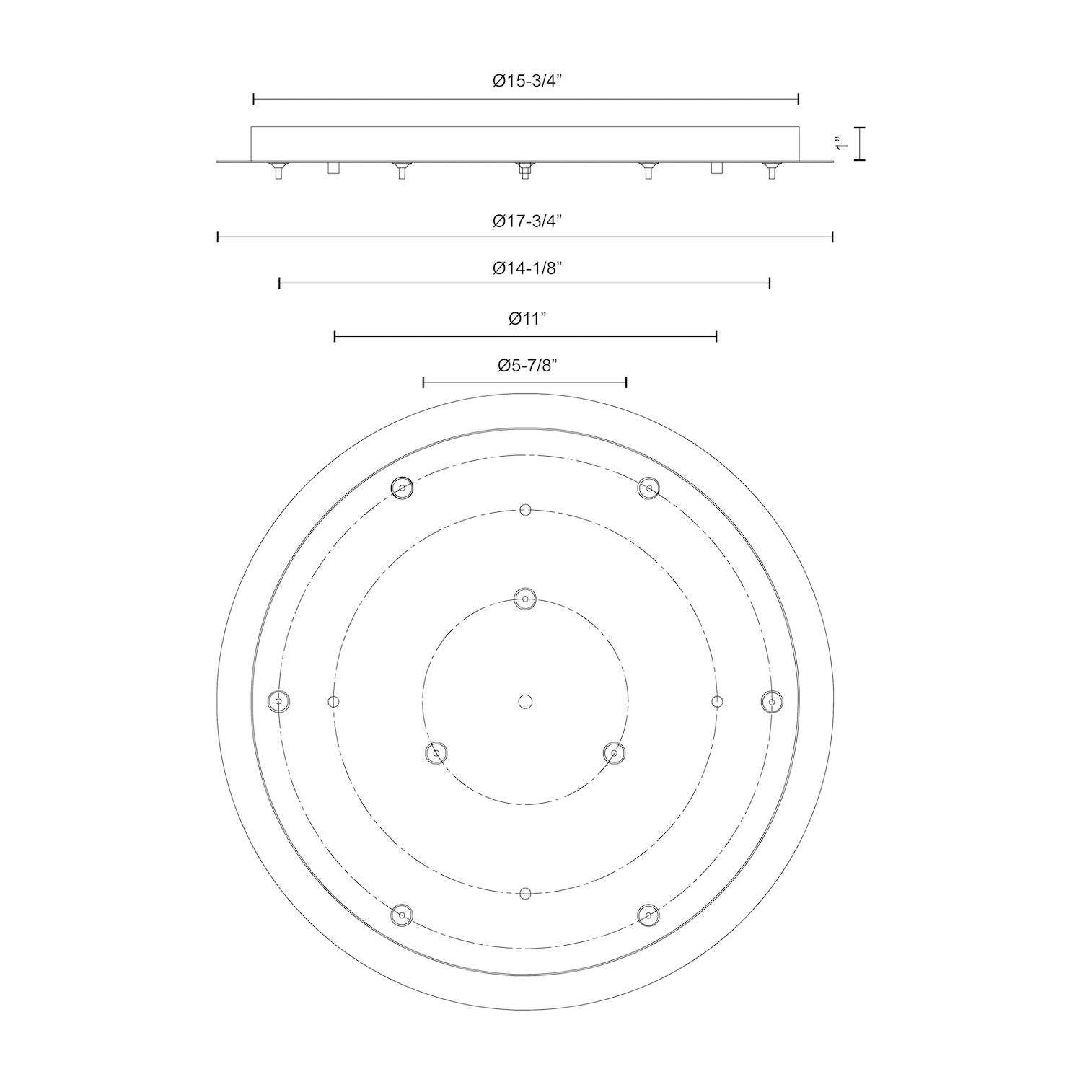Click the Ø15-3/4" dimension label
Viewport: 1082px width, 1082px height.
coord(527,82)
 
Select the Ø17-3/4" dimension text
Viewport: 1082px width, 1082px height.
coord(527,221)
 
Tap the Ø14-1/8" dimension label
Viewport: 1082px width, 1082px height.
coord(527,268)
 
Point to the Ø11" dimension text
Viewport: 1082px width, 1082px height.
coord(525,318)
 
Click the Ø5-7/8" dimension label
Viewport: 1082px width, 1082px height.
coord(527,366)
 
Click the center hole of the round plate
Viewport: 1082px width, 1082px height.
coord(525,701)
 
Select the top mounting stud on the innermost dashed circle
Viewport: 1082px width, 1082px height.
coord(525,599)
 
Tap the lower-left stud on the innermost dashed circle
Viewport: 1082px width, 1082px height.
coord(436,753)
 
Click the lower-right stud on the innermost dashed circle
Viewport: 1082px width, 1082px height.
coord(614,753)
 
